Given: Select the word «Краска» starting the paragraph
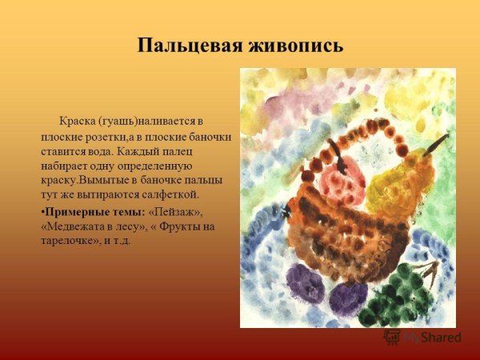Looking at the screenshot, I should click(x=78, y=122).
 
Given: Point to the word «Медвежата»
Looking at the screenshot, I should click(x=73, y=226).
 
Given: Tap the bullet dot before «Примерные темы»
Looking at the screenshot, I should click(x=42, y=212).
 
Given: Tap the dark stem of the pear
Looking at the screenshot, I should click(x=438, y=145).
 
